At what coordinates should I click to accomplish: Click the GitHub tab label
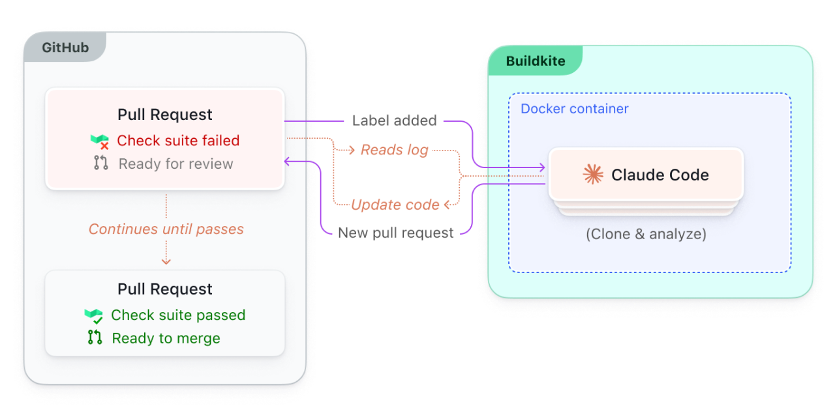[65, 48]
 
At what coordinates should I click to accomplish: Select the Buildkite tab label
[536, 62]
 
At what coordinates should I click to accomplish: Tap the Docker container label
[574, 109]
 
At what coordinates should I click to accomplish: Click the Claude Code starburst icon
[593, 174]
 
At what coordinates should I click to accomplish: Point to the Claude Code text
[660, 175]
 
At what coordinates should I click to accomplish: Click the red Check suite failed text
[178, 141]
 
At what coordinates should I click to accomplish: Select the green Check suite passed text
[178, 315]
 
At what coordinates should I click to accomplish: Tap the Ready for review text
[175, 164]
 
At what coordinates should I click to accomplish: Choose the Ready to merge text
[166, 338]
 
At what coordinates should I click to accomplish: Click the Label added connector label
[394, 121]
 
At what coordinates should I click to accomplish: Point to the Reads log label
[394, 150]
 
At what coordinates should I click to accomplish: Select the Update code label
[395, 205]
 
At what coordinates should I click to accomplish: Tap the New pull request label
[395, 233]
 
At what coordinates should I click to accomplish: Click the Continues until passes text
[166, 229]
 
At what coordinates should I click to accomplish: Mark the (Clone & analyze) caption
[646, 234]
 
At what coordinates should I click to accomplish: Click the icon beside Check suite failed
[99, 141]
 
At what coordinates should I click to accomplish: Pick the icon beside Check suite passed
[94, 316]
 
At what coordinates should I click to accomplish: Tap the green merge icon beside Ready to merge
[95, 338]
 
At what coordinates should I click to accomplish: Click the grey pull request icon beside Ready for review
[100, 163]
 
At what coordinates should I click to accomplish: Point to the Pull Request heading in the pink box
[165, 115]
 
